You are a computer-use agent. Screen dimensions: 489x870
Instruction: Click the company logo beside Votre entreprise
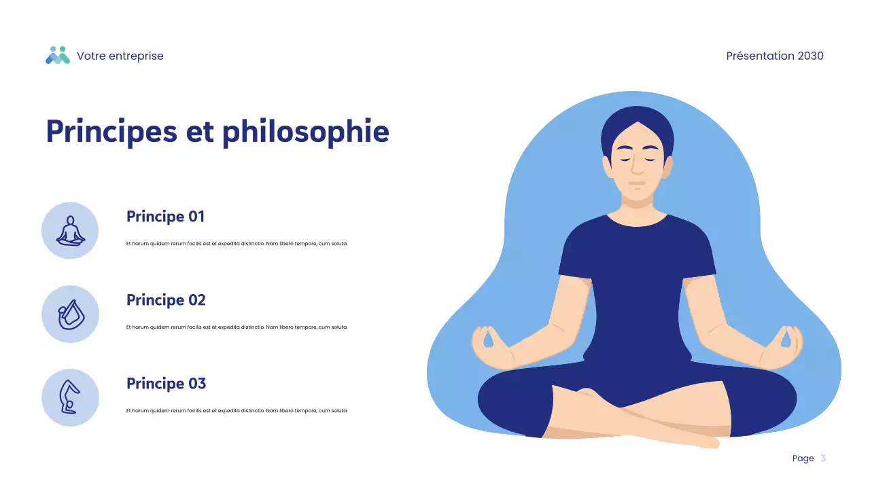coord(58,56)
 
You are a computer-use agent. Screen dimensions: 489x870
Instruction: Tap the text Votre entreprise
coord(120,56)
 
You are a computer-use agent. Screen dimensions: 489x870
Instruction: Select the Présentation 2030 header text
coord(774,56)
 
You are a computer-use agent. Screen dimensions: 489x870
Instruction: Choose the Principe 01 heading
coord(165,217)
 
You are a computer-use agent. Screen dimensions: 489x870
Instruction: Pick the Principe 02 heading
coord(166,300)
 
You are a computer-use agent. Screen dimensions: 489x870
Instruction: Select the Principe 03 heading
coord(166,384)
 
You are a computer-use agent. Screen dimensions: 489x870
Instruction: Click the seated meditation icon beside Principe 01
coord(70,231)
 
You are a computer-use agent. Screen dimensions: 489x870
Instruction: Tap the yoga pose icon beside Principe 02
coord(70,314)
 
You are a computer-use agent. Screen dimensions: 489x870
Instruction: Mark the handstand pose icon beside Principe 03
coord(70,398)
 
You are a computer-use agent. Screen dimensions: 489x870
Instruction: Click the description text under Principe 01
coord(237,244)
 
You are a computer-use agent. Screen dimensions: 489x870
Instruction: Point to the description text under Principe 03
coord(237,411)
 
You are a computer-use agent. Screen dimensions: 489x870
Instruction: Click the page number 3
coord(823,458)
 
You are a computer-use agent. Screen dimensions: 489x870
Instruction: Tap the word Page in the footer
coord(803,458)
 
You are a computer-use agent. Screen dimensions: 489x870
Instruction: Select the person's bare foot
coord(693,439)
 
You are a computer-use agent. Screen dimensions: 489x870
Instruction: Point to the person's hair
coord(637,122)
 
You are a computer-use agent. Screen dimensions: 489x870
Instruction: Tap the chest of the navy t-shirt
coord(637,258)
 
